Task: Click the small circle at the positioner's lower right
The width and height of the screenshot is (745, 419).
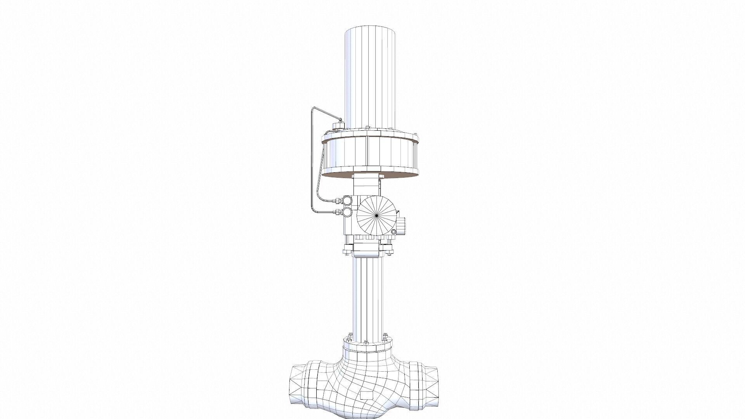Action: pos(393,232)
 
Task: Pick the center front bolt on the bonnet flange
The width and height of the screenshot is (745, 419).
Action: pos(366,342)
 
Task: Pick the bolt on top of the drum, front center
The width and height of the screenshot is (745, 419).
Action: pos(367,128)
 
